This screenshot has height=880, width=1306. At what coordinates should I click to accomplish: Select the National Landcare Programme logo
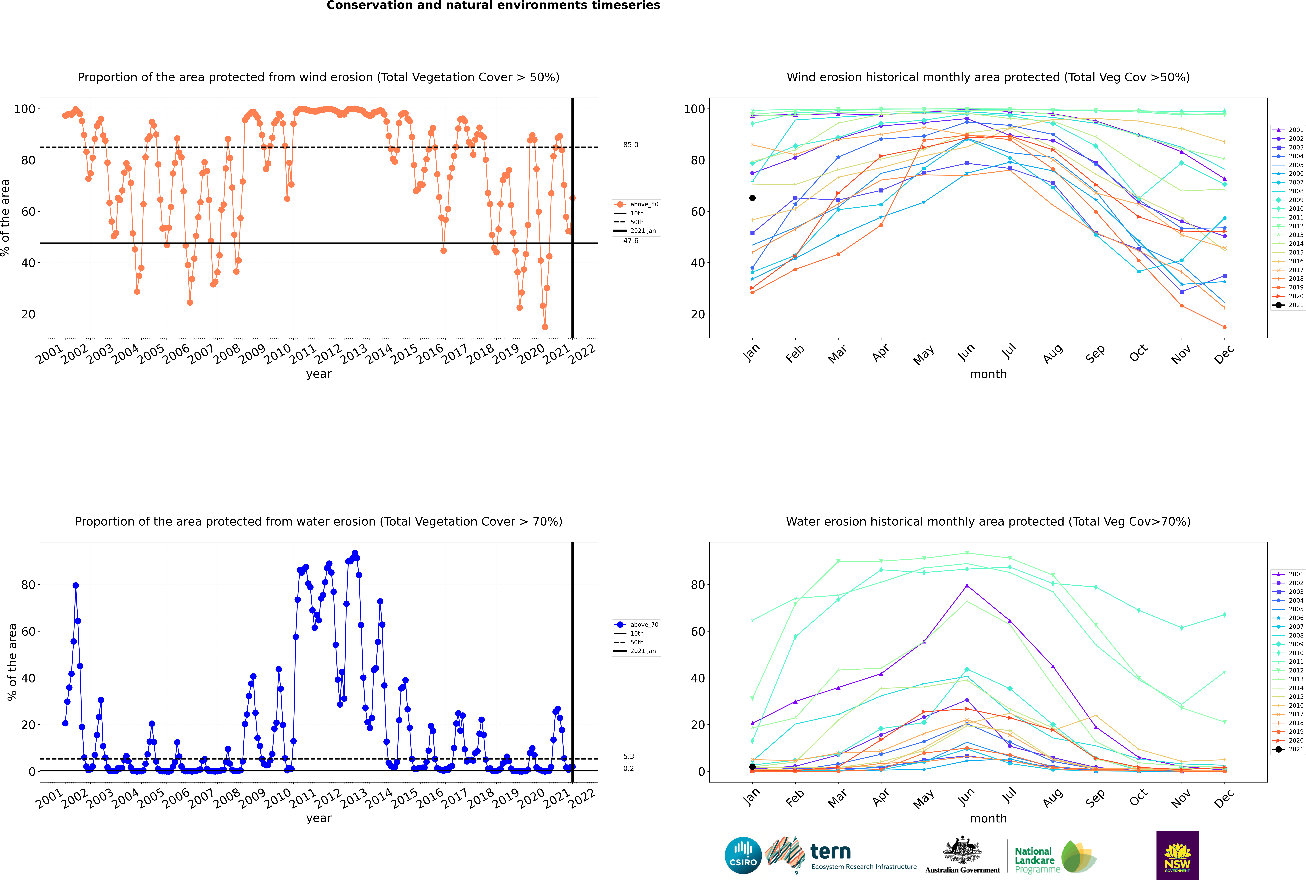point(1056,857)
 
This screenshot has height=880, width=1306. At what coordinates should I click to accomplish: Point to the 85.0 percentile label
point(630,145)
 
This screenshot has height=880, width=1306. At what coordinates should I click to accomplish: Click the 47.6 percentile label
point(630,241)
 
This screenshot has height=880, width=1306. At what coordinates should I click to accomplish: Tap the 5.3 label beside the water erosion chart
point(628,757)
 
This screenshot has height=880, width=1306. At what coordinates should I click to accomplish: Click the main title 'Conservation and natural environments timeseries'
point(494,6)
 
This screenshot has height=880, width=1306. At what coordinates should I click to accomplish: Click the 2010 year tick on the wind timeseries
point(278,354)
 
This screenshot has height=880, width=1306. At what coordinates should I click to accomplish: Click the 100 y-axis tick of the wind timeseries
point(24,109)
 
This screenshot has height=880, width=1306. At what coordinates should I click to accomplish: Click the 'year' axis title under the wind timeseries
point(319,374)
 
